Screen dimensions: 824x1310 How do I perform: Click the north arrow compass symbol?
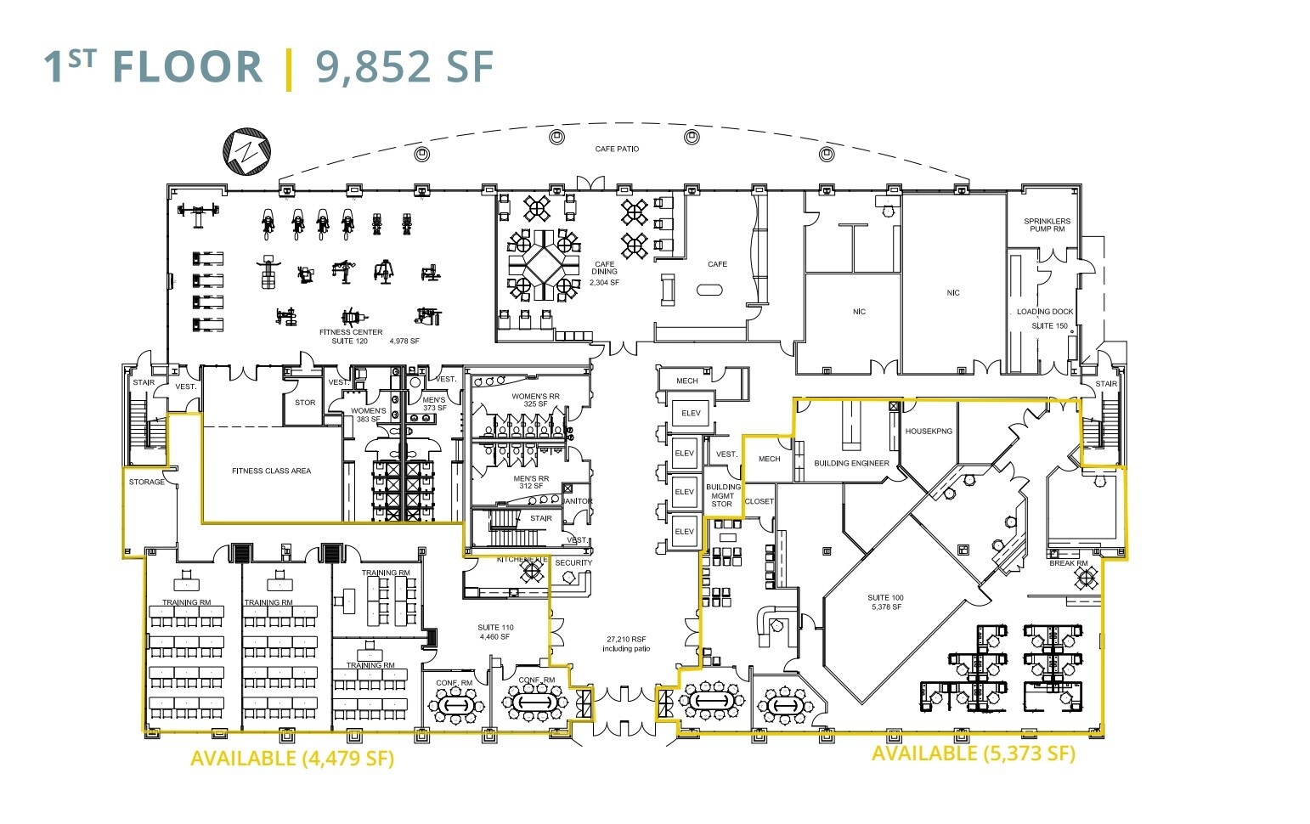pos(247,152)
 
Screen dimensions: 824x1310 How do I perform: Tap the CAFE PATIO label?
pos(617,149)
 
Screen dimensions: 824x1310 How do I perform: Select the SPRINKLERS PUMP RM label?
pos(1047,225)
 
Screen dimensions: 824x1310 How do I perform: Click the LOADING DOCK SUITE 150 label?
pos(1046,319)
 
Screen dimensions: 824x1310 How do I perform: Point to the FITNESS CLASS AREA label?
pos(271,471)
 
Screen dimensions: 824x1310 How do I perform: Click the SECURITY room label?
pos(573,563)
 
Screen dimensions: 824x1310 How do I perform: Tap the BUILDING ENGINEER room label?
pos(851,463)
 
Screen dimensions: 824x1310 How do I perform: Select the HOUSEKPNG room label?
pos(929,432)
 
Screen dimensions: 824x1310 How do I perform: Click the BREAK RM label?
pos(1068,563)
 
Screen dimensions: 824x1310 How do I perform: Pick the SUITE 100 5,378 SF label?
pos(885,602)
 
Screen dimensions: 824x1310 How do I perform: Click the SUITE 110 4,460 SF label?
pos(494,632)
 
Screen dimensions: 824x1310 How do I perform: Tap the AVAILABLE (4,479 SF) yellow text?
pos(292,759)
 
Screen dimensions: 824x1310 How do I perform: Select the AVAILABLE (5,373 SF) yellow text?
pos(974,753)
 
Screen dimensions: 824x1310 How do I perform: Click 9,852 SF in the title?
pos(404,66)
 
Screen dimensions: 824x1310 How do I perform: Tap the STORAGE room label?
pos(147,483)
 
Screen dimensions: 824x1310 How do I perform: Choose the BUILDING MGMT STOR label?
pos(723,496)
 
